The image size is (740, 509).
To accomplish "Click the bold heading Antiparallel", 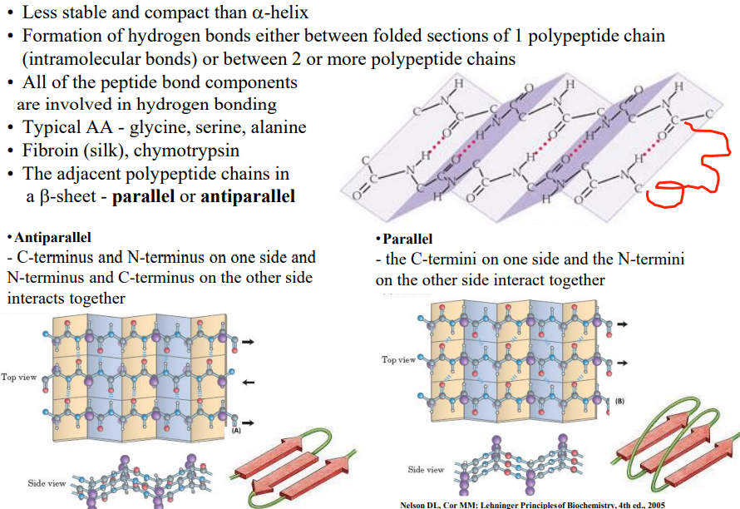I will pos(50,238).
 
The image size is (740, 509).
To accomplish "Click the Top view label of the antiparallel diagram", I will pos(19,378).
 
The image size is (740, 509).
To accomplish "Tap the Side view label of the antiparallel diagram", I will pos(47,483).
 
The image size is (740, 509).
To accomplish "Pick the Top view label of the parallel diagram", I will pos(398,359).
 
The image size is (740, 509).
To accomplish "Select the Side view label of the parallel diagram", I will pos(426,470).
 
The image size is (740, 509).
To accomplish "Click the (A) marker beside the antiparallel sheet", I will pos(236,430).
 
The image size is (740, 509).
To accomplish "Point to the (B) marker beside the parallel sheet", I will pos(619,402).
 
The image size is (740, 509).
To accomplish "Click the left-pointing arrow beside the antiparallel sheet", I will pos(247,383).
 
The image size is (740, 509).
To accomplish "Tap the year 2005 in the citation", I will pos(654,504).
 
